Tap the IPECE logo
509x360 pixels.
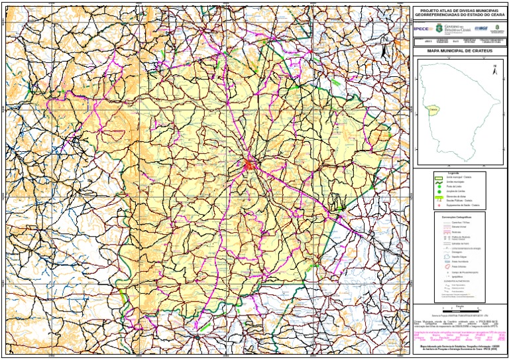pyautogui.click(x=421, y=29)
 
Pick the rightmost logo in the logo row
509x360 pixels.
pyautogui.click(x=498, y=29)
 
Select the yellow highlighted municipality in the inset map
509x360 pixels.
pyautogui.click(x=433, y=109)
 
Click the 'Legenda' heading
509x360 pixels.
pyautogui.click(x=453, y=173)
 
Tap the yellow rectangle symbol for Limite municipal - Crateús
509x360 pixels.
pyautogui.click(x=439, y=177)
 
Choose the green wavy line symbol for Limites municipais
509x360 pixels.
pyautogui.click(x=439, y=182)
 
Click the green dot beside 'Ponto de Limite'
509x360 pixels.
pyautogui.click(x=439, y=187)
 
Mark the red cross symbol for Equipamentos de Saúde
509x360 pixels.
pyautogui.click(x=439, y=205)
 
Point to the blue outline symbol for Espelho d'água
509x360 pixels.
pyautogui.click(x=447, y=257)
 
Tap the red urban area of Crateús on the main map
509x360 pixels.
pyautogui.click(x=249, y=163)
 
